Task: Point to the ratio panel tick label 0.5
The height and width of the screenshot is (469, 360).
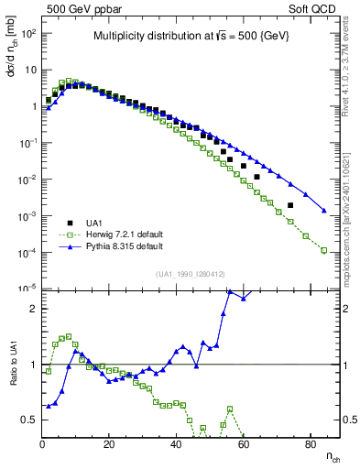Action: (29, 420)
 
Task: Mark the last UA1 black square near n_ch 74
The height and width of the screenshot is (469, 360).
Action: (290, 205)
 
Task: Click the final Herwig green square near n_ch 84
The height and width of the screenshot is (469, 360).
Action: (324, 250)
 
